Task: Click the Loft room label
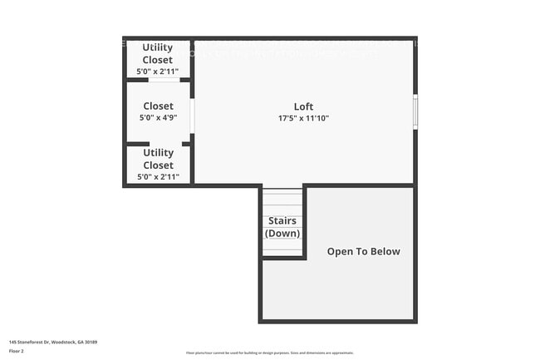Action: point(303,106)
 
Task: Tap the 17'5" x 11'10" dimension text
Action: point(303,118)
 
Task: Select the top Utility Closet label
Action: point(158,53)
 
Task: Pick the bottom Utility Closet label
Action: point(158,159)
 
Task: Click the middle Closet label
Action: point(158,106)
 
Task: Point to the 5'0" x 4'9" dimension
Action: point(158,118)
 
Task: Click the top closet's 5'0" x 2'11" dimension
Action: point(158,72)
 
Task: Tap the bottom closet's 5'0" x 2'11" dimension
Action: point(158,177)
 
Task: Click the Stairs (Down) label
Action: point(282,227)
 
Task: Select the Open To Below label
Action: point(363,251)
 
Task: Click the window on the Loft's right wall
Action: point(415,112)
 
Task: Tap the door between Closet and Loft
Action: point(192,116)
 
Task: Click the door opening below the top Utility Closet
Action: point(164,80)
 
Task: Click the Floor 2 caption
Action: point(17,351)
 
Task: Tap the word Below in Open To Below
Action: point(385,251)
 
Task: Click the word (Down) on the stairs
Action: point(282,233)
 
